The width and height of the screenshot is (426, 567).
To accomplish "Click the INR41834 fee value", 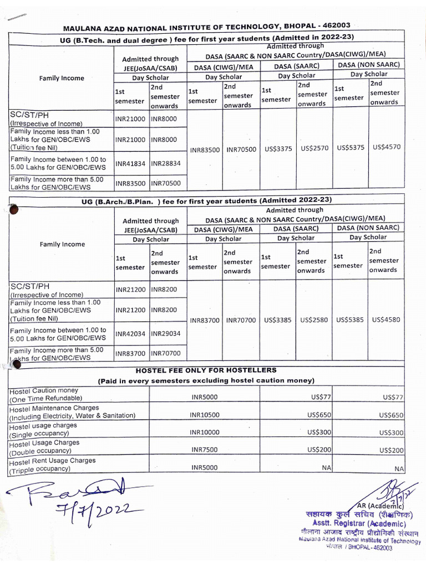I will click(130, 163).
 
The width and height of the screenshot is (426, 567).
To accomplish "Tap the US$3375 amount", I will click(278, 148).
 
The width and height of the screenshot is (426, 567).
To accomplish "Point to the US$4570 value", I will click(387, 147).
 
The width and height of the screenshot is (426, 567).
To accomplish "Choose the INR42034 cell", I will click(130, 334).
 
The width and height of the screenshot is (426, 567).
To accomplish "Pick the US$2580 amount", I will click(315, 320).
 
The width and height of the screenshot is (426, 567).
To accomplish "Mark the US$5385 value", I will click(351, 320).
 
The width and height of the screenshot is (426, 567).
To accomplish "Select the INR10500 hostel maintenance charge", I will click(205, 415).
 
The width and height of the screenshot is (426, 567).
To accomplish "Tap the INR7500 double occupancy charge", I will click(205, 450).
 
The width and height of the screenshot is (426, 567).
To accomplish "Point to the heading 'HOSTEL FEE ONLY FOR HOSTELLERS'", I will click(206, 370).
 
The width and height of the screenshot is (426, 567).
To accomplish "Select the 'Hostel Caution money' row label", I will click(44, 391).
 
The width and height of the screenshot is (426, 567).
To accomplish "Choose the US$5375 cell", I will click(350, 148).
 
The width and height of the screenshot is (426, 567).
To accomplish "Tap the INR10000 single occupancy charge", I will click(205, 432).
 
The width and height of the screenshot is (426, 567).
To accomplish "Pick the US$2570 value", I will click(315, 148).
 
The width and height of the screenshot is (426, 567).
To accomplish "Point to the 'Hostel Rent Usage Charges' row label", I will click(52, 461).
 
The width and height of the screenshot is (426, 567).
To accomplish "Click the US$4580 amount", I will click(387, 319).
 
